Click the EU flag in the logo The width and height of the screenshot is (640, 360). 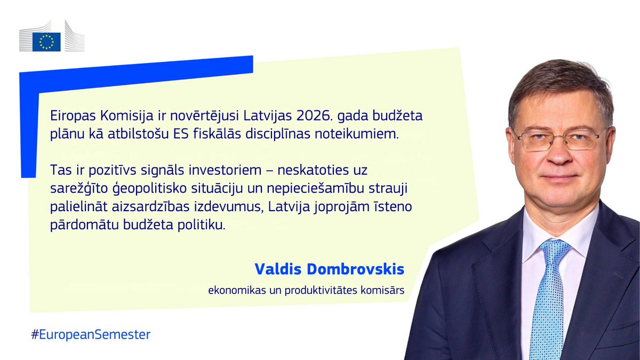tap(46, 42)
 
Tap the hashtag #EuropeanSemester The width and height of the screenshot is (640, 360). tap(91, 335)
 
